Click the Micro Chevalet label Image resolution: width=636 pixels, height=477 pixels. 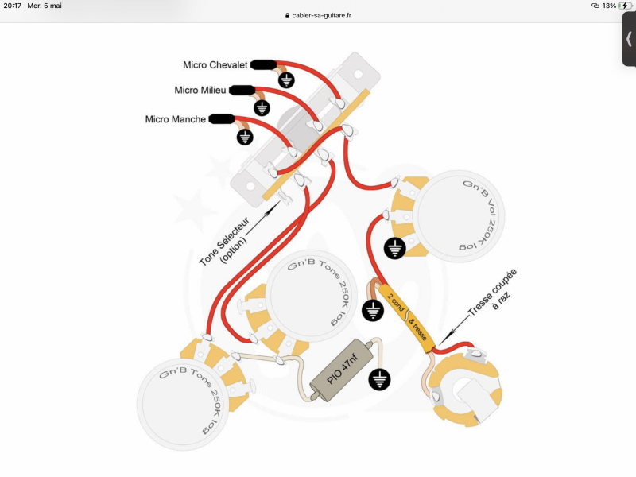pos(215,65)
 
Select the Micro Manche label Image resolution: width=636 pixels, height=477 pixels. pos(176,120)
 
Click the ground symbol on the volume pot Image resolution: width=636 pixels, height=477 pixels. pos(394,250)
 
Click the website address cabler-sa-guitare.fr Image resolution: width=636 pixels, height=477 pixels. pos(322,16)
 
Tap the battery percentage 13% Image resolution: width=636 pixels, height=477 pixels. pos(608,6)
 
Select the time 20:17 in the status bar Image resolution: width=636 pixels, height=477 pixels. pos(12,6)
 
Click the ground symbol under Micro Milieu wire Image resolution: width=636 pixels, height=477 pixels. pos(262,107)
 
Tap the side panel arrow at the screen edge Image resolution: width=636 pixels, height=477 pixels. pos(629,39)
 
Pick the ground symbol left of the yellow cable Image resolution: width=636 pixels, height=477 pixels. pos(371,310)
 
